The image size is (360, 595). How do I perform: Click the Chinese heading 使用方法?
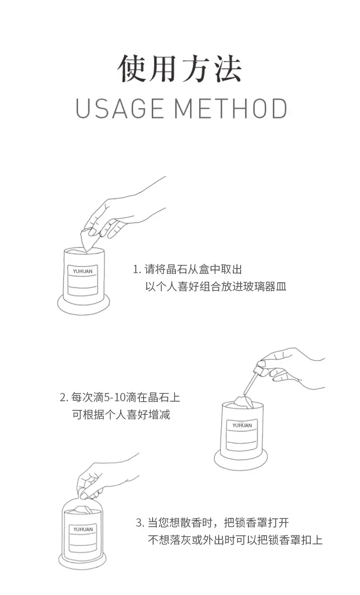coord(180,68)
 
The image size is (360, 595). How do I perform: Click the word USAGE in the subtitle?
coord(120,109)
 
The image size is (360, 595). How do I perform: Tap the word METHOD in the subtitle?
coord(231,109)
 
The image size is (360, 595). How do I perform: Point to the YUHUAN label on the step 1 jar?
coord(82,271)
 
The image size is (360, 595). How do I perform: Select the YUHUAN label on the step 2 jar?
coord(242,425)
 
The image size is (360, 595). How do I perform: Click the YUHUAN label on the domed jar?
coord(83,529)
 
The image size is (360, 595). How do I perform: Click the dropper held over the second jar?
coord(253,378)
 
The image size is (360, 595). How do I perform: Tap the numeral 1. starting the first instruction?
coord(137,269)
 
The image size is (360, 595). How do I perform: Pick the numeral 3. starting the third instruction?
coord(140,523)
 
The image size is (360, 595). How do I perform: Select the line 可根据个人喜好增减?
coord(121,414)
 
